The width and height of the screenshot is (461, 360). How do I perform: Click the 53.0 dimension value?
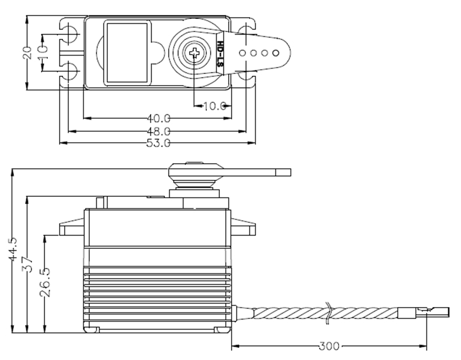tap(159, 143)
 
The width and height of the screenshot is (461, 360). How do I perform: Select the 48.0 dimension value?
tap(159, 131)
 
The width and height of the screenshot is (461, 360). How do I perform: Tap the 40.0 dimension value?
tap(159, 118)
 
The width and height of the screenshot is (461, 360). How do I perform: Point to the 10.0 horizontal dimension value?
tap(215, 106)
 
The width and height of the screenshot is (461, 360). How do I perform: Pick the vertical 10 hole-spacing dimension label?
tap(43, 53)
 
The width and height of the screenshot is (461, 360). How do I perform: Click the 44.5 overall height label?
tap(12, 249)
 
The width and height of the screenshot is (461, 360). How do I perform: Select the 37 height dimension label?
tap(27, 265)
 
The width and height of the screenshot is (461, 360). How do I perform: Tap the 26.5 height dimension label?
tap(45, 282)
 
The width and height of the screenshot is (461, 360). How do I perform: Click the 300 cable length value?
tap(329, 346)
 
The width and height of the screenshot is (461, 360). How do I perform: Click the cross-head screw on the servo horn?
tap(195, 53)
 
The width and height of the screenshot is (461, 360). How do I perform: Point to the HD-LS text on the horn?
tap(220, 53)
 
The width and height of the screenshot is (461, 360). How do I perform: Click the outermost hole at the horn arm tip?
tap(276, 53)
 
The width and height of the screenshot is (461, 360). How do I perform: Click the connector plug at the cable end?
tap(424, 313)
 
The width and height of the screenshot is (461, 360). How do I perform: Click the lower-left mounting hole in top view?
tap(70, 72)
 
